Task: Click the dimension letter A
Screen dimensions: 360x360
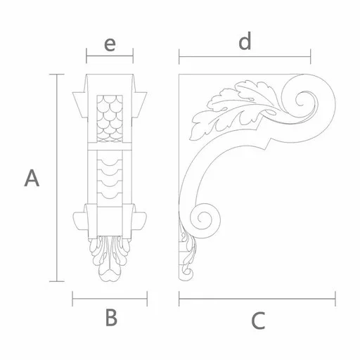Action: pos(32,179)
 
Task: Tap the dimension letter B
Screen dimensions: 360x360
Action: pos(111,317)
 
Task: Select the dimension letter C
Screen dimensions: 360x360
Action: pos(258,321)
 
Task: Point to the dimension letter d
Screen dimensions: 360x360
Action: pos(245,41)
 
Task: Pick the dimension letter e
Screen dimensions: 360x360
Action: pos(110,44)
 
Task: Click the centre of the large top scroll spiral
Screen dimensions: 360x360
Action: pos(302,100)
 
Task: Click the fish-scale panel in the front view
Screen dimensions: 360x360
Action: pos(110,118)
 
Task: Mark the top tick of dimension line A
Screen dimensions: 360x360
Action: pos(56,75)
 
